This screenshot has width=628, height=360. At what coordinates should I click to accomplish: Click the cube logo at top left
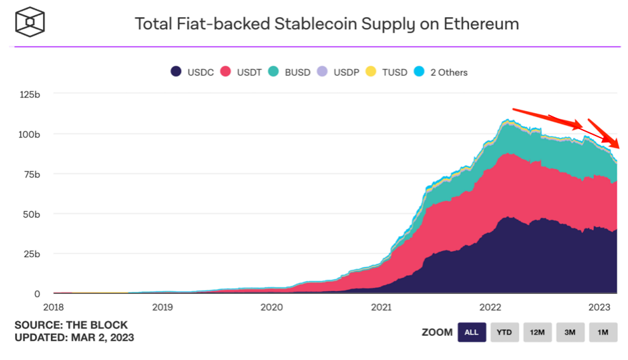pyautogui.click(x=30, y=22)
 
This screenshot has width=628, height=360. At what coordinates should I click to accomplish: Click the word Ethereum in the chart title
pyautogui.click(x=481, y=24)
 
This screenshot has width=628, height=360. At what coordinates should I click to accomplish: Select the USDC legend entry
pyautogui.click(x=192, y=72)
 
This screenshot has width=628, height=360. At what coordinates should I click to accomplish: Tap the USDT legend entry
pyautogui.click(x=241, y=72)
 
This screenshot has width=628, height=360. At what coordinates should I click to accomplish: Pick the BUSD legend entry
pyautogui.click(x=289, y=72)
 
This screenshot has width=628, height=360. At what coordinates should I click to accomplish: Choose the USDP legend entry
pyautogui.click(x=338, y=72)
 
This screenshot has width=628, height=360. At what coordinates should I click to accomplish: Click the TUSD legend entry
pyautogui.click(x=386, y=72)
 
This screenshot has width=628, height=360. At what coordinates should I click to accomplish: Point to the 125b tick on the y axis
pyautogui.click(x=30, y=95)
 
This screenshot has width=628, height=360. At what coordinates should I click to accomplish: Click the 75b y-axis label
pyautogui.click(x=31, y=174)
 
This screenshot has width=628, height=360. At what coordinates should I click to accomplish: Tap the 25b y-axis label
pyautogui.click(x=31, y=254)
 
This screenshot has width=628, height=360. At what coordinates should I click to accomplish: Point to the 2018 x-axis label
pyautogui.click(x=53, y=307)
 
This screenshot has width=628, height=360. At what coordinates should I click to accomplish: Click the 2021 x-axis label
pyautogui.click(x=381, y=307)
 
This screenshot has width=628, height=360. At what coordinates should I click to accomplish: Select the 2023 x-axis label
pyautogui.click(x=599, y=307)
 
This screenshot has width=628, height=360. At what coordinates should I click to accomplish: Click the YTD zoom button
pyautogui.click(x=505, y=333)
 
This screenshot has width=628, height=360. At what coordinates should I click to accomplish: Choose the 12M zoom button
pyautogui.click(x=538, y=333)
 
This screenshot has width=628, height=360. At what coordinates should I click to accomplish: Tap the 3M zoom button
pyautogui.click(x=570, y=333)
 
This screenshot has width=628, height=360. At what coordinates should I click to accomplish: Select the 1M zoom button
pyautogui.click(x=603, y=333)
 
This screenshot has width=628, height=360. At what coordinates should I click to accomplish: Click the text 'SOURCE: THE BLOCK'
pyautogui.click(x=71, y=325)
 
